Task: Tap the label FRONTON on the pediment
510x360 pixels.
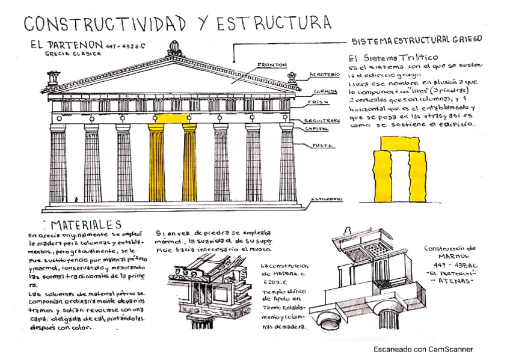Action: pyautogui.click(x=272, y=64)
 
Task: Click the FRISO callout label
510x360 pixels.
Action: pyautogui.click(x=320, y=102)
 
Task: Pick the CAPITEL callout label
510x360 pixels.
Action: pyautogui.click(x=317, y=128)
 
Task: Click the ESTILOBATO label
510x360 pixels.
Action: pyautogui.click(x=327, y=199)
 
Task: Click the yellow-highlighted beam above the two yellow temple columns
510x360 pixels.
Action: pyautogui.click(x=172, y=120)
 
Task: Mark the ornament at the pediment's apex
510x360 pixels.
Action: pyautogui.click(x=175, y=48)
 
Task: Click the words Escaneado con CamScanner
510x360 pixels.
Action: pyautogui.click(x=423, y=349)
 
